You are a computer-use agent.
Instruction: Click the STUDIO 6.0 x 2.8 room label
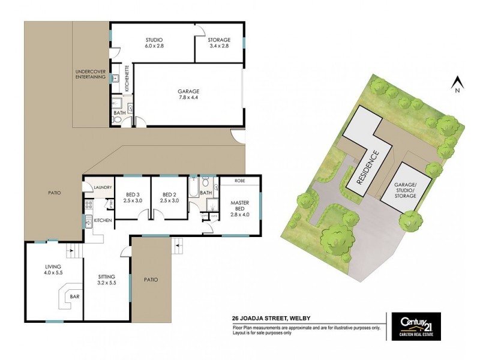154,43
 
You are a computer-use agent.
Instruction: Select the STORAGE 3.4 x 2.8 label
219,43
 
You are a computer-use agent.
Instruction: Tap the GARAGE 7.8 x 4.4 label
188,94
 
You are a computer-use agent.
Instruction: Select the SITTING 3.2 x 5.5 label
107,280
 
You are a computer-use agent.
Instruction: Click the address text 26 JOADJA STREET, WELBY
271,320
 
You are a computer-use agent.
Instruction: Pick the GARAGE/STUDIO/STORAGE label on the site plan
404,193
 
